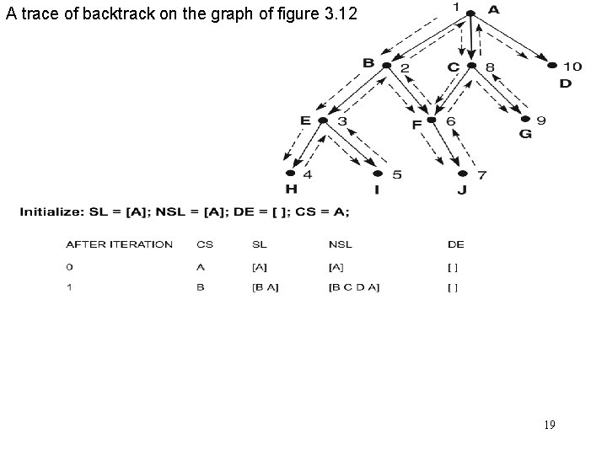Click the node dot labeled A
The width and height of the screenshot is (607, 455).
[470, 13]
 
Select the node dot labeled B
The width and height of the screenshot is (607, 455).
[386, 65]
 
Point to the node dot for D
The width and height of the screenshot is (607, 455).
[553, 65]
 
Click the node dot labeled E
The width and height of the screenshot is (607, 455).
[323, 120]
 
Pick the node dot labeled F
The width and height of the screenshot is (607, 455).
[432, 120]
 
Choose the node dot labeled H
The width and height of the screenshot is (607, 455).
[291, 174]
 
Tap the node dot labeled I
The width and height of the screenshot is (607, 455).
[377, 174]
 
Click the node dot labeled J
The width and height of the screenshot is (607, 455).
[462, 174]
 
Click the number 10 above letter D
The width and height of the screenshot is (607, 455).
[572, 66]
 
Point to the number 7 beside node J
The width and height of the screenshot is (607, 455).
[482, 174]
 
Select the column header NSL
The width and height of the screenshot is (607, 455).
[341, 244]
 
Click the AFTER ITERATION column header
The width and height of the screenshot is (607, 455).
[119, 244]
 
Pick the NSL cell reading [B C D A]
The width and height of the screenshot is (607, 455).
[354, 287]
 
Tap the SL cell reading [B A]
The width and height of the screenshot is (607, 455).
[266, 287]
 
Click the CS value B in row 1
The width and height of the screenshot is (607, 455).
[200, 287]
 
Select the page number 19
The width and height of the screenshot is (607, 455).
[549, 425]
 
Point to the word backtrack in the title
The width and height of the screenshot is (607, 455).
[103, 13]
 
